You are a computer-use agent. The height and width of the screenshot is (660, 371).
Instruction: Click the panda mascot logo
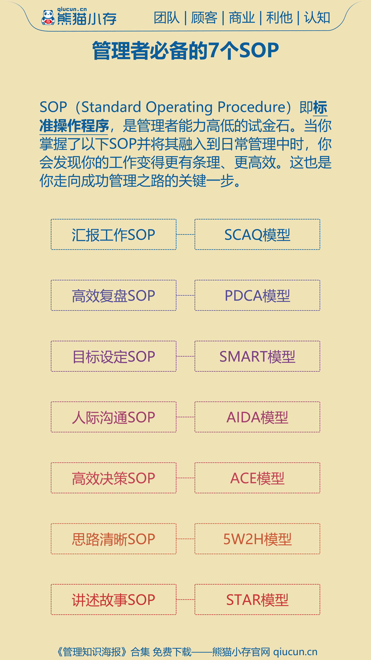(x=48, y=18)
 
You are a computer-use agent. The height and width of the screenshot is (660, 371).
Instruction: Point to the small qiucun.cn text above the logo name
(x=72, y=9)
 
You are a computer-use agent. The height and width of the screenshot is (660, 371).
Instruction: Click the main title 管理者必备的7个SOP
(x=185, y=50)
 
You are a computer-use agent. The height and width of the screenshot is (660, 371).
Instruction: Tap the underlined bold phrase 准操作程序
(x=74, y=126)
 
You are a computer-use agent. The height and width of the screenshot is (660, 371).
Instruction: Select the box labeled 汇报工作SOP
(x=114, y=234)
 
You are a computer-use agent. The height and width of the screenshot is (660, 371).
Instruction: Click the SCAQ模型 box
(x=257, y=234)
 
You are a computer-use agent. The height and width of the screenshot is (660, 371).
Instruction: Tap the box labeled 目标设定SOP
(x=114, y=356)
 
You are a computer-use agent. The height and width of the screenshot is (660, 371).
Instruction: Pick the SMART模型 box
(x=257, y=356)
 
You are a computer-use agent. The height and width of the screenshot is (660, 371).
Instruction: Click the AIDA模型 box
(x=257, y=417)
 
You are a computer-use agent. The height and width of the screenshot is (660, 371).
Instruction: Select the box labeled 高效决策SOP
(x=114, y=478)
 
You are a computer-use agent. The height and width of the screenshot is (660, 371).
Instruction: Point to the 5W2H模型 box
(x=257, y=539)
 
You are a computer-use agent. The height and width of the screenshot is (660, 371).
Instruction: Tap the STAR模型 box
(x=257, y=599)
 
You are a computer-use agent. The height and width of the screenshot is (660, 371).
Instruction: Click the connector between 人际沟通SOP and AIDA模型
(x=185, y=417)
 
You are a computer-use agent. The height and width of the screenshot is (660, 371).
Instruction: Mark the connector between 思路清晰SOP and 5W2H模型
(x=185, y=539)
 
